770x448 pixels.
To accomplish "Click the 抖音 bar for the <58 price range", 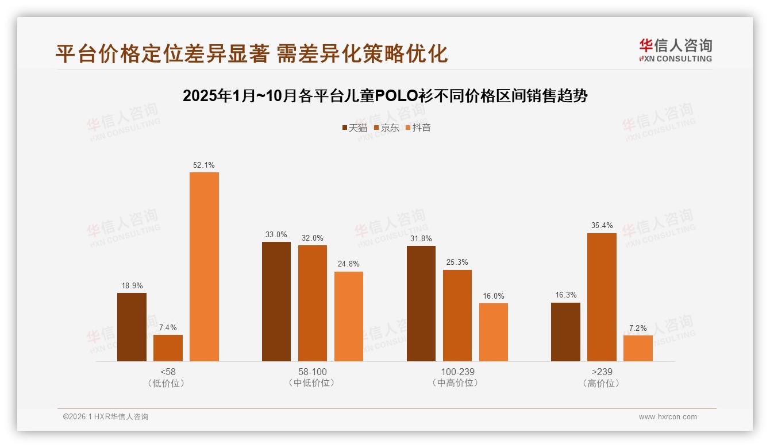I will (x=204, y=267).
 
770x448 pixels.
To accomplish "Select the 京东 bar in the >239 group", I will (x=602, y=297).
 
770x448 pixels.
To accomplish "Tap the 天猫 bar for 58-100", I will (x=276, y=302).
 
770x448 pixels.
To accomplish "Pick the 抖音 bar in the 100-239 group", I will (x=494, y=332).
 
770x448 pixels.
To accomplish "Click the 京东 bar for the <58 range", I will (x=168, y=348).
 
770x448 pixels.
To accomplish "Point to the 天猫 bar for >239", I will (x=565, y=332).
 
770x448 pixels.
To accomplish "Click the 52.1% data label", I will (x=204, y=165).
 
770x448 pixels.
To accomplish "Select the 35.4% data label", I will (x=602, y=226).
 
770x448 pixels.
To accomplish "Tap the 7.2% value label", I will (x=638, y=328).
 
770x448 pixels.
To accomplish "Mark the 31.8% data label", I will (x=421, y=238).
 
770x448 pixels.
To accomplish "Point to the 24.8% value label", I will (x=349, y=264).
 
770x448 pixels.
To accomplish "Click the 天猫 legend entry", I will (x=354, y=128).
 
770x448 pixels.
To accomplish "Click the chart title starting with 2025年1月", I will (x=385, y=95).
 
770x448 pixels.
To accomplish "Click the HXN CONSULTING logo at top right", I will (x=675, y=50).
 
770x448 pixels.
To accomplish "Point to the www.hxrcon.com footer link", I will (x=668, y=417).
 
